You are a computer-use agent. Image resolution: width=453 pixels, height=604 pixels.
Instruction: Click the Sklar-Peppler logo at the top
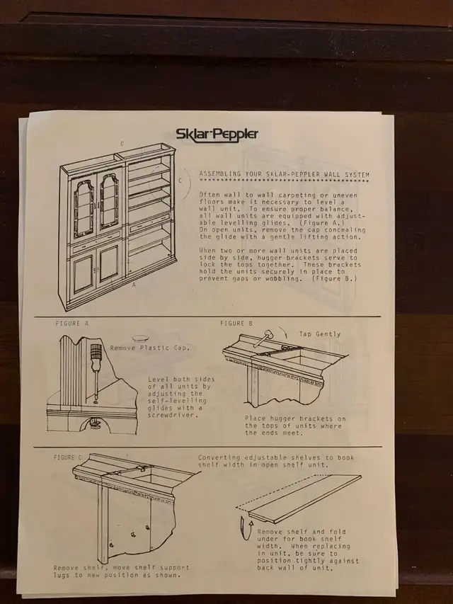pyautogui.click(x=217, y=135)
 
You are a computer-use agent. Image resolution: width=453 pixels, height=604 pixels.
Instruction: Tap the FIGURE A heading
pyautogui.click(x=72, y=324)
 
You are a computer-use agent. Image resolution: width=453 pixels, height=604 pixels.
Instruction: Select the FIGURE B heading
pyautogui.click(x=236, y=324)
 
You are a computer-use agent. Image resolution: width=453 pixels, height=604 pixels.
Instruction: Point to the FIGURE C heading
pyautogui.click(x=68, y=457)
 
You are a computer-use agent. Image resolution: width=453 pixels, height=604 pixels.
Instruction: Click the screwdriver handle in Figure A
pyautogui.click(x=95, y=352)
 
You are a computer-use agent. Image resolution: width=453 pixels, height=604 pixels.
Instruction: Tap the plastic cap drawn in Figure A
pyautogui.click(x=138, y=338)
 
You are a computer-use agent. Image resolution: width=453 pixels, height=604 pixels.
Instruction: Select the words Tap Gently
pyautogui.click(x=320, y=334)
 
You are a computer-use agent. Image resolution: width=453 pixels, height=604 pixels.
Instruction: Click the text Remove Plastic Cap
pyautogui.click(x=150, y=348)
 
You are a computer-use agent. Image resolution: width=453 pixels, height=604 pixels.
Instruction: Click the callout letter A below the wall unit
pyautogui.click(x=134, y=285)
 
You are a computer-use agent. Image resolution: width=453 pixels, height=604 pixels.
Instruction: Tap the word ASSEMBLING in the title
pyautogui.click(x=219, y=174)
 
